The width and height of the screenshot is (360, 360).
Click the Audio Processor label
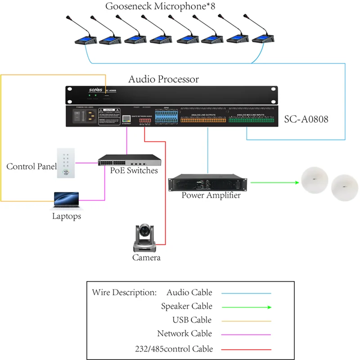click(164, 80)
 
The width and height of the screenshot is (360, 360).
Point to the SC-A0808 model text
click(306, 120)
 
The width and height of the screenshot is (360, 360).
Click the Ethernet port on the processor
click(126, 118)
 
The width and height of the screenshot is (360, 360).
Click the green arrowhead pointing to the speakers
click(297, 183)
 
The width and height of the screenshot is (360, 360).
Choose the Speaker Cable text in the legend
click(186, 306)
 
